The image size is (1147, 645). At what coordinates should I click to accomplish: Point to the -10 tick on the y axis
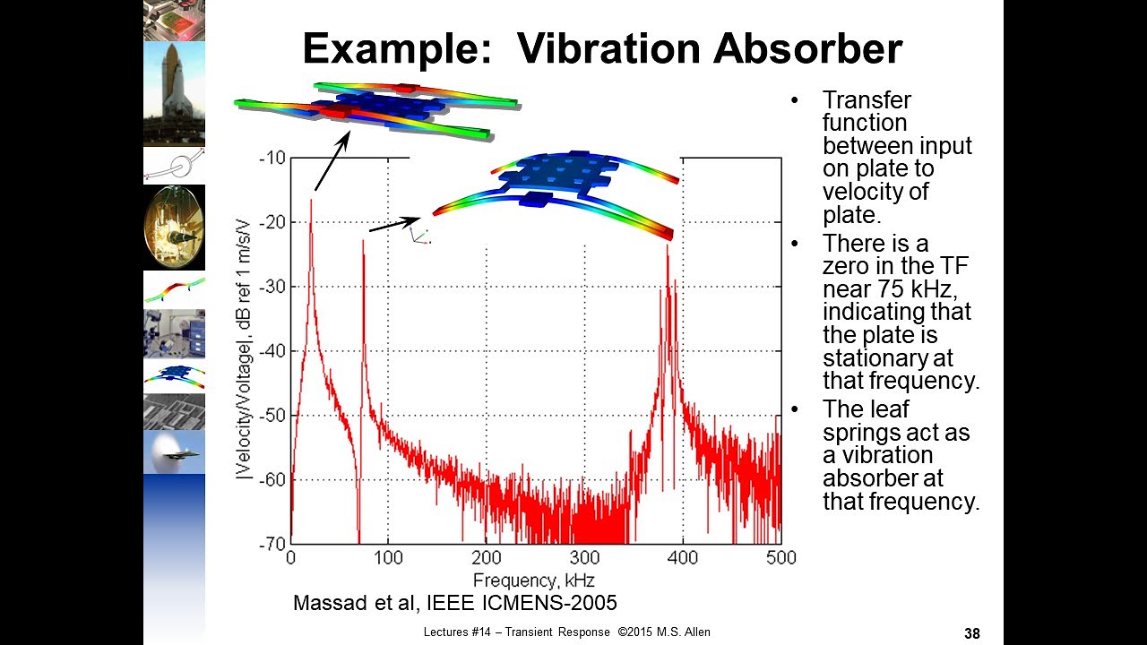(x=272, y=159)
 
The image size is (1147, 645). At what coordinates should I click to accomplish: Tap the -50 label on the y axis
(x=272, y=415)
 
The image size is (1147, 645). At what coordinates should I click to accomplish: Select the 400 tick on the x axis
(x=683, y=557)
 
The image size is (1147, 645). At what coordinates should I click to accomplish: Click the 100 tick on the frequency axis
(x=388, y=557)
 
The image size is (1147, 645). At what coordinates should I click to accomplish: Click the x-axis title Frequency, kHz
(x=534, y=579)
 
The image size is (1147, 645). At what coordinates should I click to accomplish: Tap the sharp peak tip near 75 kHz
(x=363, y=241)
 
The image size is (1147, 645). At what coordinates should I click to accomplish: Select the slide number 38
(x=972, y=633)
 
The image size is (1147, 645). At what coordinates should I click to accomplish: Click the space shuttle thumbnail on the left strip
(x=174, y=93)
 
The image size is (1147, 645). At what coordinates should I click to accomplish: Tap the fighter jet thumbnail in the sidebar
(x=174, y=452)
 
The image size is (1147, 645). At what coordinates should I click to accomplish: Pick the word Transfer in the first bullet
(x=854, y=100)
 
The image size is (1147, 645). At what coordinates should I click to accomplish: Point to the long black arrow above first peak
(x=332, y=161)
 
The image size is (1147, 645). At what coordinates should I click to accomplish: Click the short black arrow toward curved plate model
(x=394, y=224)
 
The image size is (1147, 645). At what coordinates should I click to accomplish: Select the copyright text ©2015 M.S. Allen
(x=664, y=632)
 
